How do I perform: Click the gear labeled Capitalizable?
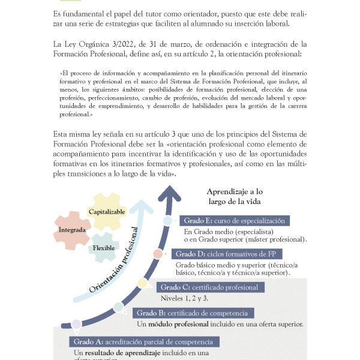click(107, 212)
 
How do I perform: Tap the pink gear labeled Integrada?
click(72, 229)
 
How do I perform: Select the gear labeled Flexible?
click(104, 248)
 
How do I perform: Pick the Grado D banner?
click(227, 254)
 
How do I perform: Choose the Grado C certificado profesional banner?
click(209, 287)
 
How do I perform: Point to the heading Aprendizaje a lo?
click(235, 190)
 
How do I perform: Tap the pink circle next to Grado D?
click(158, 254)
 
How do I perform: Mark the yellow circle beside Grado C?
click(142, 283)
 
